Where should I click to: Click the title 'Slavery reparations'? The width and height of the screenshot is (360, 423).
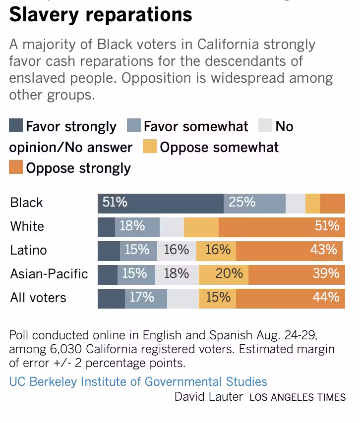pyautogui.click(x=101, y=15)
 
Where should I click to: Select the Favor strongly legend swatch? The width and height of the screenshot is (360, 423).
pyautogui.click(x=16, y=126)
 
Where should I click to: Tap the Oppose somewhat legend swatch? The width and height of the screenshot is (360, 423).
pyautogui.click(x=150, y=147)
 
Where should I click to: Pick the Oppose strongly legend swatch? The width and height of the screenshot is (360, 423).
pyautogui.click(x=16, y=167)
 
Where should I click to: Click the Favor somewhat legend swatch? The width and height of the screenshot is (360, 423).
pyautogui.click(x=134, y=126)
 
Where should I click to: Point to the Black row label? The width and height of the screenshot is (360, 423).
pyautogui.click(x=27, y=203)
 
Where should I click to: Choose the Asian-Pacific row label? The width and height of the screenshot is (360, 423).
pyautogui.click(x=49, y=274)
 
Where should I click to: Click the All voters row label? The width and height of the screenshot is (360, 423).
pyautogui.click(x=38, y=298)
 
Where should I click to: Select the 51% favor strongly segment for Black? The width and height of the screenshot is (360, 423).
pyautogui.click(x=161, y=203)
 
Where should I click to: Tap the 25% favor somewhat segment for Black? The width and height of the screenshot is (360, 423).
pyautogui.click(x=254, y=203)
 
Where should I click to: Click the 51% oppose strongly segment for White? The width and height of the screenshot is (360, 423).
pyautogui.click(x=282, y=227)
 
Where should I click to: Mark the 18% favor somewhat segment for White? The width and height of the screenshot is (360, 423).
pyautogui.click(x=137, y=227)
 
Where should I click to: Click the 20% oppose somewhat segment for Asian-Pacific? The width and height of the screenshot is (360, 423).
pyautogui.click(x=224, y=274)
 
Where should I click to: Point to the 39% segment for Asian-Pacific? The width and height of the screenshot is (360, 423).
pyautogui.click(x=297, y=274)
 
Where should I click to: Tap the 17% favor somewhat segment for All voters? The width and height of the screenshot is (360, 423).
pyautogui.click(x=146, y=298)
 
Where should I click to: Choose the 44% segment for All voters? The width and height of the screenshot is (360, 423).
pyautogui.click(x=291, y=298)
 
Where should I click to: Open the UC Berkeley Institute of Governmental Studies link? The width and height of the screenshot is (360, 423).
pyautogui.click(x=138, y=382)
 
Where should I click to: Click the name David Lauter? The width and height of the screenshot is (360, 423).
pyautogui.click(x=209, y=397)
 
